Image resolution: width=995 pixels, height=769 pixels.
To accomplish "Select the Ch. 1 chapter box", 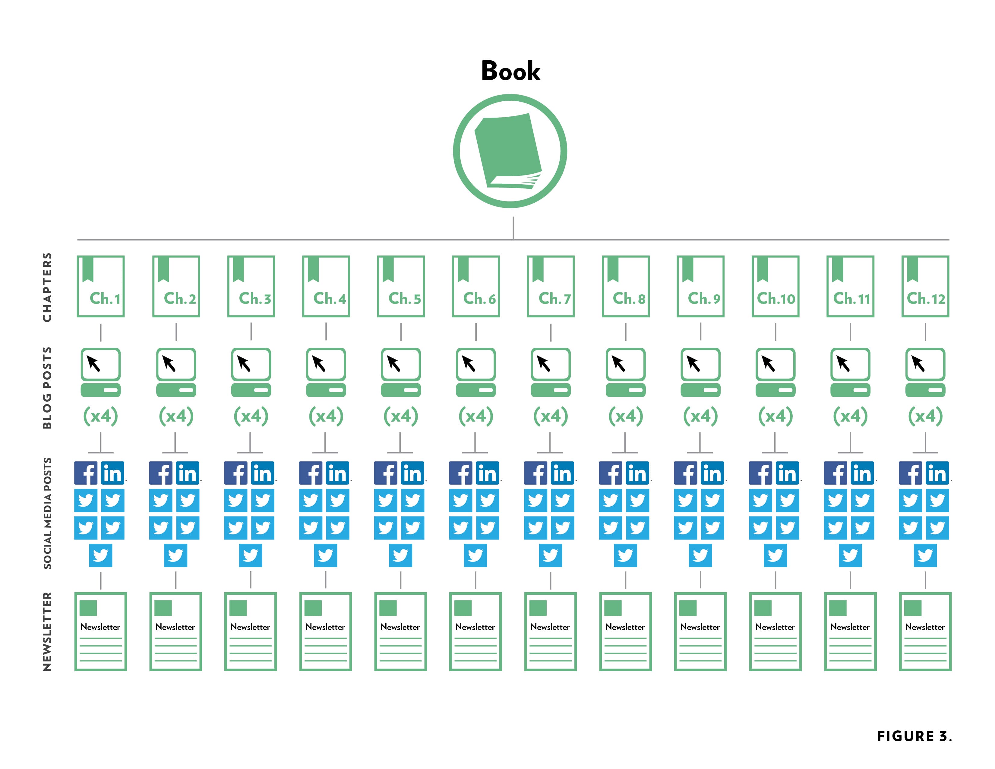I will [x=101, y=286].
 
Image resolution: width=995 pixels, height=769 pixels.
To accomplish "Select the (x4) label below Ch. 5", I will [x=400, y=416].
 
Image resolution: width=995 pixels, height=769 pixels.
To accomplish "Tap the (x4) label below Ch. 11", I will [x=850, y=416].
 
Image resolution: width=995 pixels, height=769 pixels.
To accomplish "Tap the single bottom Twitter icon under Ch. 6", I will [x=475, y=555].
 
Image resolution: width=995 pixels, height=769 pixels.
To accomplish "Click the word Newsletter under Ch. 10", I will [x=775, y=627].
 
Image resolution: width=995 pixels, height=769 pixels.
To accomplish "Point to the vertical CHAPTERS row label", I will [x=47, y=287].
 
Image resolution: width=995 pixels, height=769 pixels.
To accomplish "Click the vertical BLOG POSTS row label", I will [x=47, y=388].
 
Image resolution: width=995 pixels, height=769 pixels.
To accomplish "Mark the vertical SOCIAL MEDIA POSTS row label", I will [x=47, y=514].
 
